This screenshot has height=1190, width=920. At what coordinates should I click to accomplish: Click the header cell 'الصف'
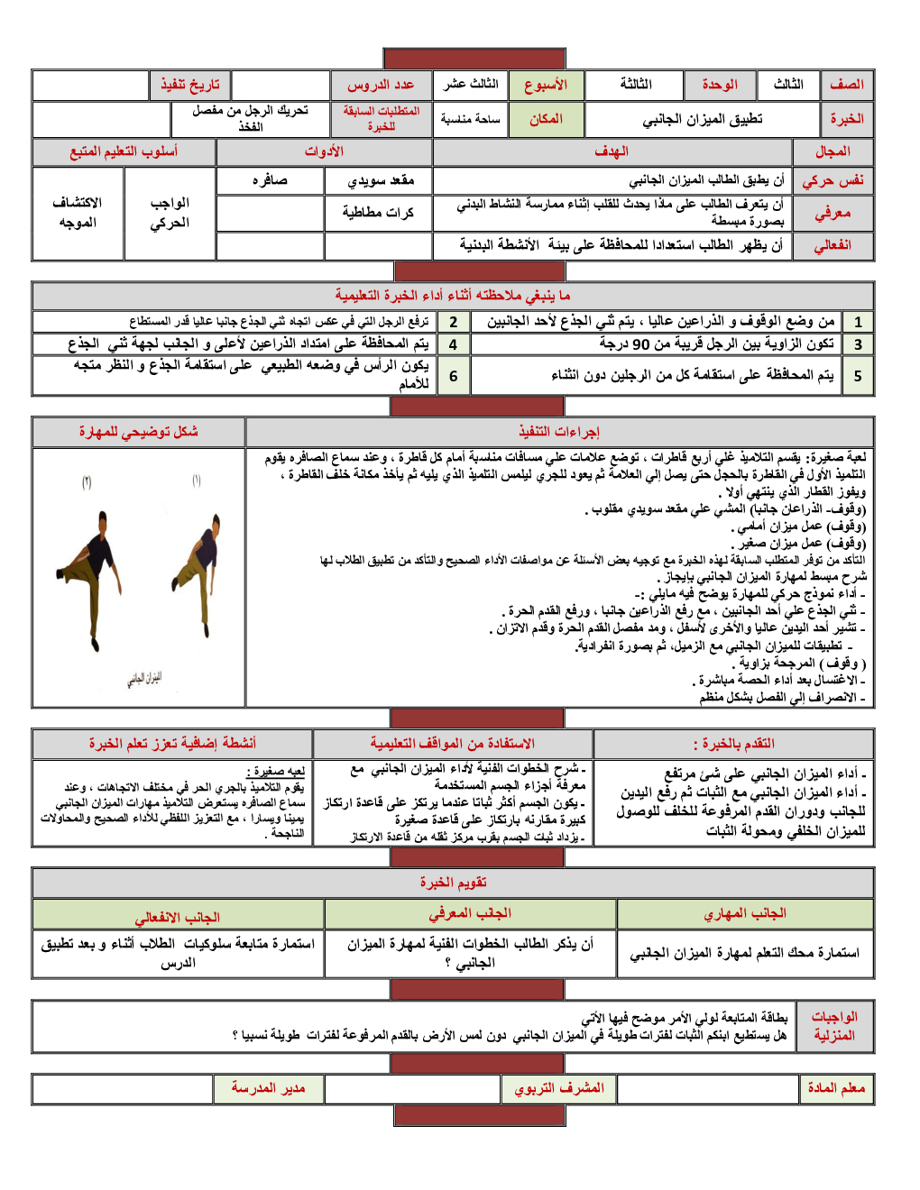[847, 85]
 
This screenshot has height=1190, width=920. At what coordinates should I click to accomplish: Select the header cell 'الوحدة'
[719, 85]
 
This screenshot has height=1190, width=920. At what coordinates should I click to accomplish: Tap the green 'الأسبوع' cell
[546, 85]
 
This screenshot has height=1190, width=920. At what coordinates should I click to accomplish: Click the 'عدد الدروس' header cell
[381, 85]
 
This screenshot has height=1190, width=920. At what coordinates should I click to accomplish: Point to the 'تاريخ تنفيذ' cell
[189, 85]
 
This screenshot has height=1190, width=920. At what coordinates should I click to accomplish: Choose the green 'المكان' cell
[546, 119]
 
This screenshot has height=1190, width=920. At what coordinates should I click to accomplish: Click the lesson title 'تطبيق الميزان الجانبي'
[702, 119]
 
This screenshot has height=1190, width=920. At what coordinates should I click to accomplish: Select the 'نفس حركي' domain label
[833, 180]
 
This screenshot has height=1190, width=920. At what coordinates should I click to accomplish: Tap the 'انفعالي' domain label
[833, 245]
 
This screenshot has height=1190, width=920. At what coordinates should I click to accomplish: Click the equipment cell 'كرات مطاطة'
[378, 213]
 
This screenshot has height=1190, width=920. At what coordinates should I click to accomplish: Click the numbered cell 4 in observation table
[453, 343]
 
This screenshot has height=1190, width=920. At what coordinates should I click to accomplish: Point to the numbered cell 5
[858, 375]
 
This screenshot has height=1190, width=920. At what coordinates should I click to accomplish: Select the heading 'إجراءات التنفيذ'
[559, 432]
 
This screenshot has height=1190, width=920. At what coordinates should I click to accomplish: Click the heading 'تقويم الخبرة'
[453, 882]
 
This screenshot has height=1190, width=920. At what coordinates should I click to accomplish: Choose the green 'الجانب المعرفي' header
[470, 913]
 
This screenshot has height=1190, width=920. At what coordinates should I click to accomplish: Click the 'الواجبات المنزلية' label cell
[834, 1026]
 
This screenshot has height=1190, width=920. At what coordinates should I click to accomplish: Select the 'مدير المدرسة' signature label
[268, 1088]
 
